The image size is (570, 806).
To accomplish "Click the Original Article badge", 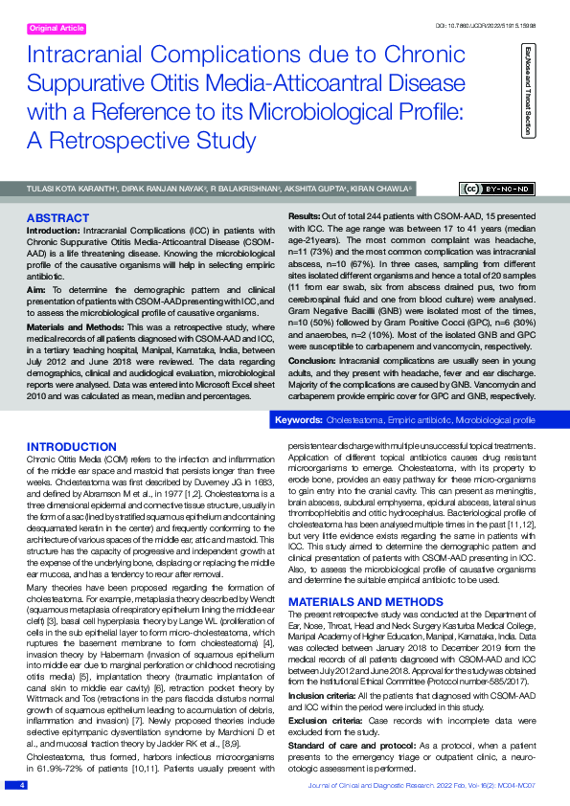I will point(57,30).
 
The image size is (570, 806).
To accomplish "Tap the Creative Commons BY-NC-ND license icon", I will point(499,189).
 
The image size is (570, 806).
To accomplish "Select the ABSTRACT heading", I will point(59,218).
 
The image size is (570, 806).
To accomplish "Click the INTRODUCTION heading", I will point(72,447).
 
